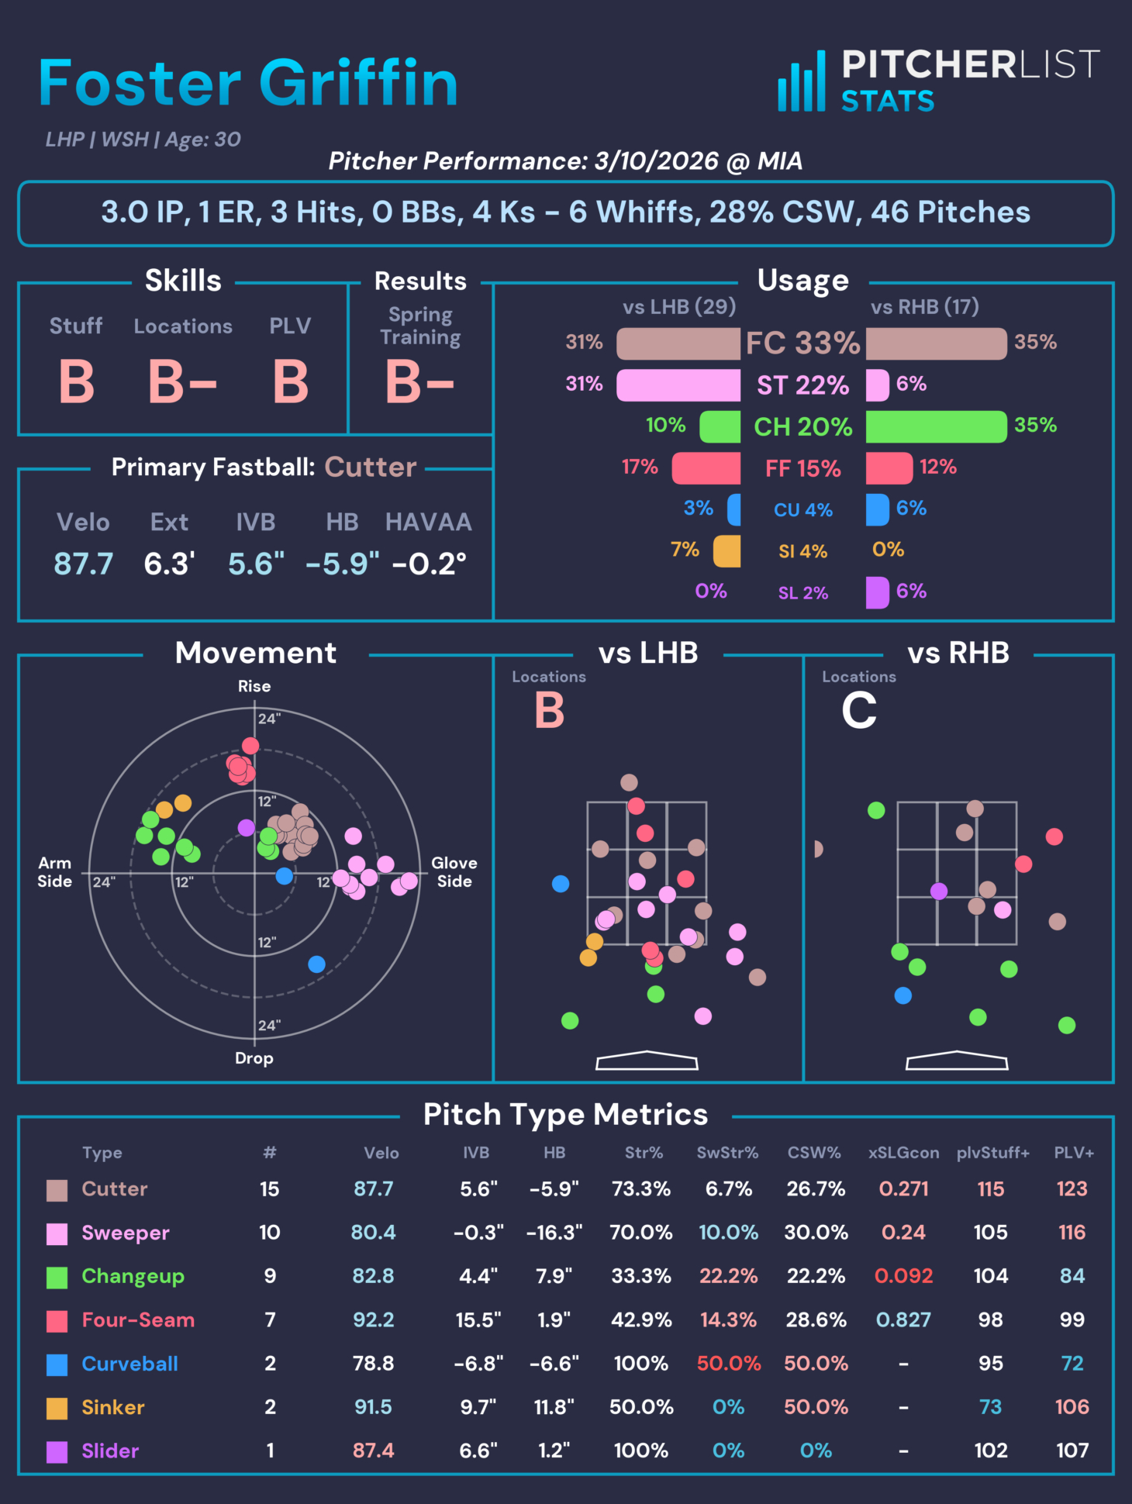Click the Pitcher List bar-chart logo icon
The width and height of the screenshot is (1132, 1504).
pos(802,82)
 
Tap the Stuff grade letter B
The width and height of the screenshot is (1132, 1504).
pos(77,382)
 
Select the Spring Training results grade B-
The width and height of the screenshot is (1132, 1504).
pos(419,382)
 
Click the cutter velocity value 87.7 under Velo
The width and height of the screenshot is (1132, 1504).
pos(84,564)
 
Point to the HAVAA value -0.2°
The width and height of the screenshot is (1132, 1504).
pos(429,564)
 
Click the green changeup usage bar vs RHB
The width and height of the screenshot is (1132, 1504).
pos(936,426)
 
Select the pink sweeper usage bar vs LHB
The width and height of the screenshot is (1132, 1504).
pos(678,385)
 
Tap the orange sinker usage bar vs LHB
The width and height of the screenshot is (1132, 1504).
pos(727,551)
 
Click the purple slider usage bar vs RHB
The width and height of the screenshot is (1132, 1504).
pos(877,593)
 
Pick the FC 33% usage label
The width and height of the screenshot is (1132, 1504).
pos(802,343)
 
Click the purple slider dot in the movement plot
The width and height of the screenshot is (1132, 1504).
pos(247,828)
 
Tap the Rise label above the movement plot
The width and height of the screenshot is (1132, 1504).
pos(254,686)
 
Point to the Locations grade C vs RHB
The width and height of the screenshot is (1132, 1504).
pos(859,710)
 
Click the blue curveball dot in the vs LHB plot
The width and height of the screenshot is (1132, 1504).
pos(561,883)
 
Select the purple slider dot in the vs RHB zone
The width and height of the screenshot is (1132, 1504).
pos(939,892)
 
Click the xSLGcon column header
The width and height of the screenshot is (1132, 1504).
pos(903,1153)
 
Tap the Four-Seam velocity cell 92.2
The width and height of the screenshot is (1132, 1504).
pos(374,1319)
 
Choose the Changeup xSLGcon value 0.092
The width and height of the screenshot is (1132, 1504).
pos(903,1276)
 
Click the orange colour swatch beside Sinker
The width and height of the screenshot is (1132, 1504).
pos(57,1408)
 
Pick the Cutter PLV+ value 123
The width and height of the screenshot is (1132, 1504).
pos(1072,1188)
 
